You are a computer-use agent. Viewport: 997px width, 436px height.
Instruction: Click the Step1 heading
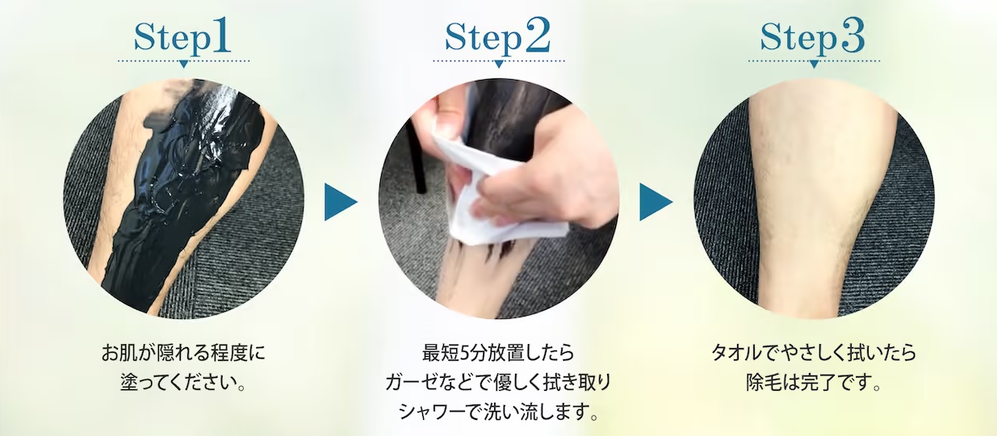182,37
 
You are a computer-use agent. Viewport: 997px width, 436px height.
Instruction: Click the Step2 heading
497,37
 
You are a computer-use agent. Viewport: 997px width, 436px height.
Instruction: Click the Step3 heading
813,37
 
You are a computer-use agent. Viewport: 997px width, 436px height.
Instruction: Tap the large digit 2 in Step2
536,36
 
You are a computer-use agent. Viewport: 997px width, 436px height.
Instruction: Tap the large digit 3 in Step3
852,36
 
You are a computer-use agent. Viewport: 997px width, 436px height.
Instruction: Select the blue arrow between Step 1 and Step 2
340,202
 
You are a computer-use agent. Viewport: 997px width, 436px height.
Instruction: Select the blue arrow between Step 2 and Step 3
656,202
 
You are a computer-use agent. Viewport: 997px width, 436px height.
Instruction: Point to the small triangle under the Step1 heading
183,65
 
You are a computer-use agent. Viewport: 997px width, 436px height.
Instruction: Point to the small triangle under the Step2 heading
499,65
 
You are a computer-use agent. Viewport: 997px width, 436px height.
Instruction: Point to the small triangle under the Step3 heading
814,65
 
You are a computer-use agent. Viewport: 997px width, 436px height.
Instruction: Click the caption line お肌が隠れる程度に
183,353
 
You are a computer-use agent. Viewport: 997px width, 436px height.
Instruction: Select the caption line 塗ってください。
183,383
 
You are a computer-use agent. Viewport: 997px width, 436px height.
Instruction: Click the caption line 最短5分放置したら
498,353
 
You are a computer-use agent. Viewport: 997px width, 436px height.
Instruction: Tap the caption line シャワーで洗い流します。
498,412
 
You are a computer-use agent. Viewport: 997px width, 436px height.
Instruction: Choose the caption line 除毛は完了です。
814,383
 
